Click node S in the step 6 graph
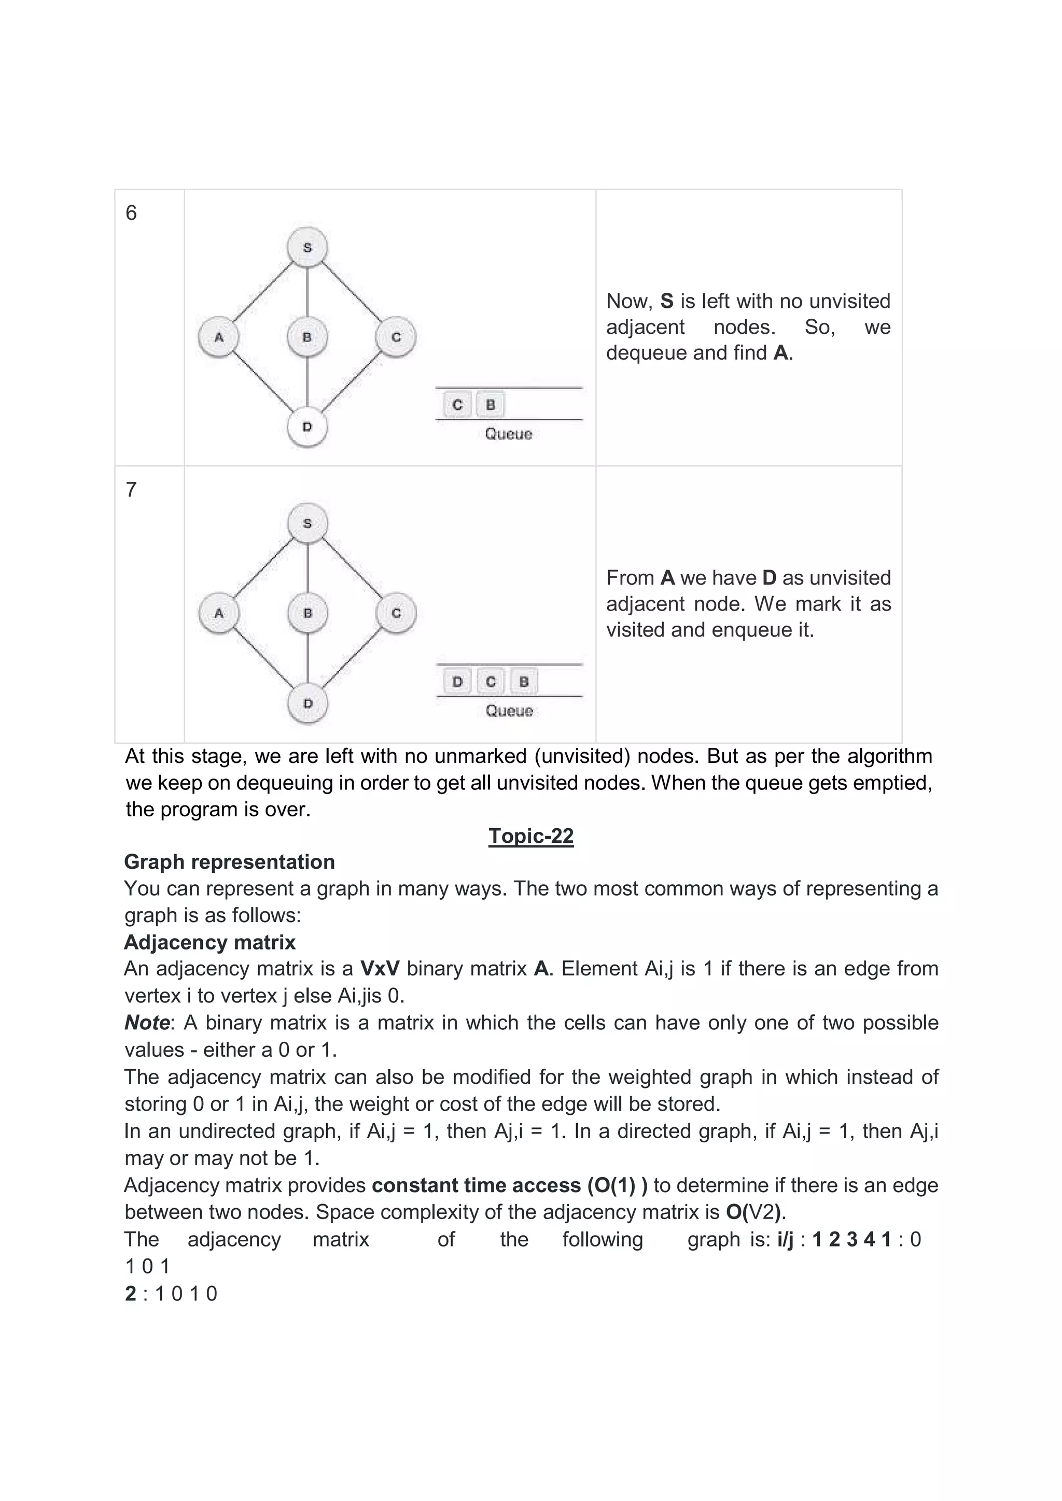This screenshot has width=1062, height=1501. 308,248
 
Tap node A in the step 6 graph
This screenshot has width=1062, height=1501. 218,337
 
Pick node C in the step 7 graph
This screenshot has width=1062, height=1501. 396,613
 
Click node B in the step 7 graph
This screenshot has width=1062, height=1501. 308,613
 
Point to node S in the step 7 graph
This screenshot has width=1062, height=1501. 308,523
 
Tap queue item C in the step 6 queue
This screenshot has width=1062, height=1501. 457,405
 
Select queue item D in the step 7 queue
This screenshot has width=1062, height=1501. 457,682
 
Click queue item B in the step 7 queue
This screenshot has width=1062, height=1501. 524,682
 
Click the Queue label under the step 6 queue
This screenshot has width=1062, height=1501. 509,434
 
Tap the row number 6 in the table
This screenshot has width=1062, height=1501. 131,213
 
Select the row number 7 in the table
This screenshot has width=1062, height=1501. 131,490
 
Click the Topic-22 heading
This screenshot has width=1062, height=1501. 531,836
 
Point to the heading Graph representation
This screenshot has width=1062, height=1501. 230,862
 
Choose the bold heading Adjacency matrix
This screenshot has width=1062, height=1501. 210,943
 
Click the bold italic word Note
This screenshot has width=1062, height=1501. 147,1023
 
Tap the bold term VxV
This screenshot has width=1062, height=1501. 379,969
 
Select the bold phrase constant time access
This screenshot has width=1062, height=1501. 476,1185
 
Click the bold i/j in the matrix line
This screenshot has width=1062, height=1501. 785,1239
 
